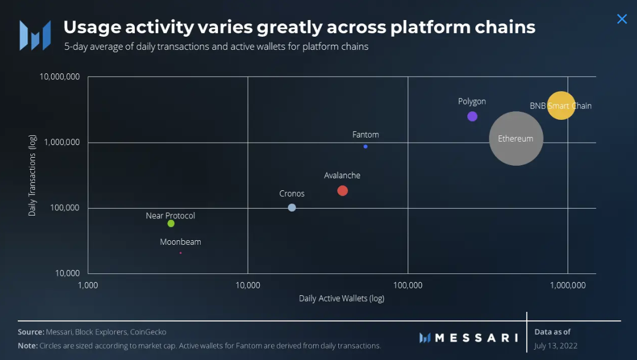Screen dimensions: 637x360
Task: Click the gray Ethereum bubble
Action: pyautogui.click(x=516, y=139)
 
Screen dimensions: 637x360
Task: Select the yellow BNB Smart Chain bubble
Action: pyautogui.click(x=561, y=105)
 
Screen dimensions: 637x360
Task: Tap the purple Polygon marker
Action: pyautogui.click(x=472, y=116)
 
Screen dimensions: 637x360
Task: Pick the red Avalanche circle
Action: pyautogui.click(x=342, y=190)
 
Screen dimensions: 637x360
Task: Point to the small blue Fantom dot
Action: pyautogui.click(x=366, y=147)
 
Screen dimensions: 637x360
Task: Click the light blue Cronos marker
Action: pyautogui.click(x=292, y=208)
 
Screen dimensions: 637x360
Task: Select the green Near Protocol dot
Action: pyautogui.click(x=171, y=224)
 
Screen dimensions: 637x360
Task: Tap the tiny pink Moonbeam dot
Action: pyautogui.click(x=181, y=253)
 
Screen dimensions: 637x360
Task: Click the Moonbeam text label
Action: pyautogui.click(x=181, y=242)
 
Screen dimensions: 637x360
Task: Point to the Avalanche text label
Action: pyautogui.click(x=342, y=175)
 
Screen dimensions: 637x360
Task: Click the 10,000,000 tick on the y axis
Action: pyautogui.click(x=59, y=77)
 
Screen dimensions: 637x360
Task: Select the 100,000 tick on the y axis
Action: pyautogui.click(x=65, y=208)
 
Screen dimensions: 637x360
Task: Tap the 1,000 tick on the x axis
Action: pyautogui.click(x=88, y=285)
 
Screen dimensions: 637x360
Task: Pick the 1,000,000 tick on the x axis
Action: pyautogui.click(x=568, y=285)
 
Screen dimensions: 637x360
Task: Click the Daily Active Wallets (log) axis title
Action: pyautogui.click(x=342, y=298)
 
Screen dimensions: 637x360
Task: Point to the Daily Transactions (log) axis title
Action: pyautogui.click(x=32, y=175)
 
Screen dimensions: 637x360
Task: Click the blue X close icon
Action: pyautogui.click(x=622, y=19)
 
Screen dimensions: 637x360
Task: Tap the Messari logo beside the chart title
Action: pyautogui.click(x=36, y=36)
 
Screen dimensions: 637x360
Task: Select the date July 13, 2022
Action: pyautogui.click(x=556, y=346)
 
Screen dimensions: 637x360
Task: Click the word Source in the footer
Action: pyautogui.click(x=31, y=332)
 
